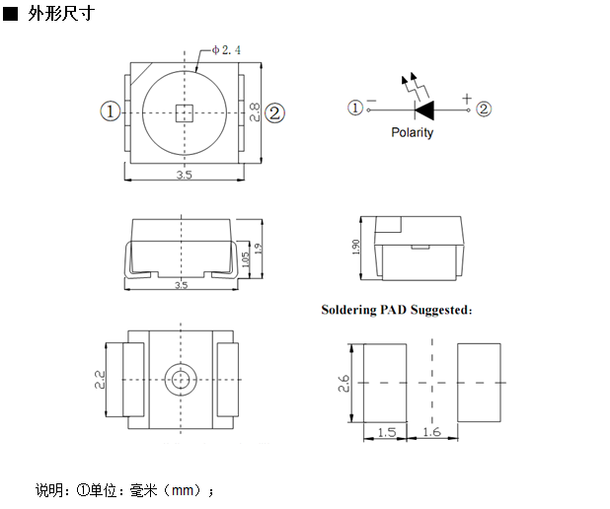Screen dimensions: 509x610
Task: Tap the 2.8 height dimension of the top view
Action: point(254,112)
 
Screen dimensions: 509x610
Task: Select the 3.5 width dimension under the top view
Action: point(183,175)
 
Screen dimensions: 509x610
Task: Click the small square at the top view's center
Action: point(183,112)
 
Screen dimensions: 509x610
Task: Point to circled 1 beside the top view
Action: point(111,112)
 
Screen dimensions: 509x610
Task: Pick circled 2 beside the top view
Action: point(274,112)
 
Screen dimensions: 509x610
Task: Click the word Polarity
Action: point(412,133)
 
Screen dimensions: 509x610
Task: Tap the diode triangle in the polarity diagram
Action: point(424,109)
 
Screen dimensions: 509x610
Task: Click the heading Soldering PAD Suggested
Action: point(397,310)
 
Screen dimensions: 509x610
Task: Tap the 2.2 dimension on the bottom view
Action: point(100,381)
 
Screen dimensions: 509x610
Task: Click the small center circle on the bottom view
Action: point(181,379)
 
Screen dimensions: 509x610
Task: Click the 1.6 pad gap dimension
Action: point(430,432)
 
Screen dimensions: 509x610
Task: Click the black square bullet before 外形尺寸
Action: point(11,17)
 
